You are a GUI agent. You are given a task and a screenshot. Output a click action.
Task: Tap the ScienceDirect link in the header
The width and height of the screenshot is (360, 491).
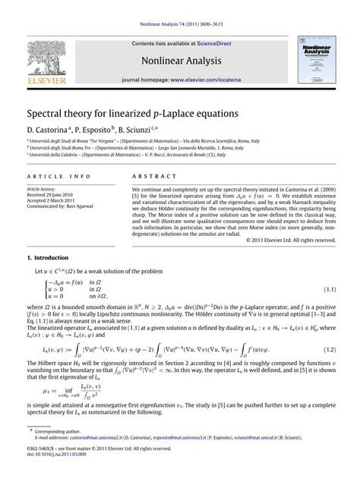coord(213,45)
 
